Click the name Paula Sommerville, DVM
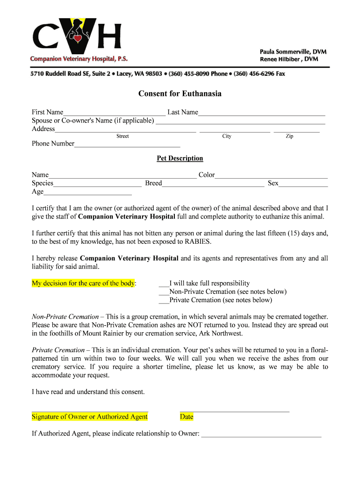pyautogui.click(x=293, y=51)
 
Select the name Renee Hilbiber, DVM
pyautogui.click(x=289, y=59)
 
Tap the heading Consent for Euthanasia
pyautogui.click(x=180, y=94)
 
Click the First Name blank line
pyautogui.click(x=114, y=113)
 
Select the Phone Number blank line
pyautogui.click(x=127, y=145)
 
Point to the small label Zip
pyautogui.click(x=289, y=136)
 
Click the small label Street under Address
pyautogui.click(x=122, y=136)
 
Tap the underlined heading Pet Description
pyautogui.click(x=180, y=158)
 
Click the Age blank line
pyautogui.click(x=87, y=193)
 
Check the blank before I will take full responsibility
pyautogui.click(x=164, y=284)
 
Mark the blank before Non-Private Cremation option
pyautogui.click(x=164, y=292)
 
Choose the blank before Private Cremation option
pyautogui.click(x=164, y=301)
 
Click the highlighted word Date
pyautogui.click(x=187, y=417)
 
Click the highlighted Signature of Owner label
pyautogui.click(x=90, y=417)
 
